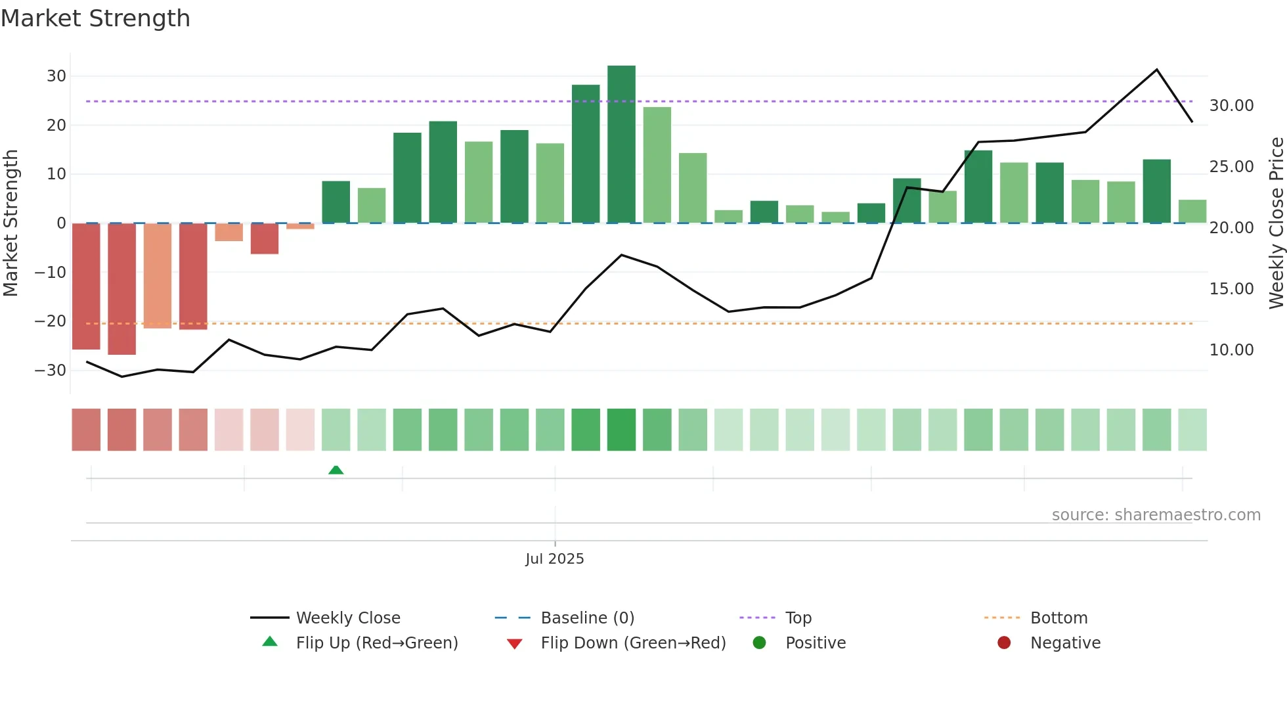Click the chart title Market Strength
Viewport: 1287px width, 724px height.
coord(95,18)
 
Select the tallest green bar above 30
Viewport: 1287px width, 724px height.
coord(621,145)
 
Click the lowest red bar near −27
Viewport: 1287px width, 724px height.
coord(122,289)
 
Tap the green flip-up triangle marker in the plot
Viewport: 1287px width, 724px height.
coord(336,470)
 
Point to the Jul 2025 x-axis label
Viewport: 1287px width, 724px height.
coord(554,559)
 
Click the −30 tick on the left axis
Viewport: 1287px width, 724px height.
coord(51,371)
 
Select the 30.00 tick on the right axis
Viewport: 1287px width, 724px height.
coord(1231,106)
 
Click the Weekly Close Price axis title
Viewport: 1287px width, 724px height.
coord(1276,223)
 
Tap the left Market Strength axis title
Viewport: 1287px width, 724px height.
coord(11,223)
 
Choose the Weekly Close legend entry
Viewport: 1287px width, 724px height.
coord(347,618)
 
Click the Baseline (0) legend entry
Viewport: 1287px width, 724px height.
coord(587,618)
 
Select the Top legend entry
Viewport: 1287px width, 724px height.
coord(798,618)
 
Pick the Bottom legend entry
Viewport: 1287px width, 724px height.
coord(1058,618)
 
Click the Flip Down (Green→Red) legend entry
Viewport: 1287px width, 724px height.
coord(633,643)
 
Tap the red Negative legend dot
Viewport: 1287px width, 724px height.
coord(1004,643)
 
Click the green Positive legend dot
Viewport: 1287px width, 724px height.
coord(760,643)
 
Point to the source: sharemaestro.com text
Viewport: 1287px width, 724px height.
coord(1156,515)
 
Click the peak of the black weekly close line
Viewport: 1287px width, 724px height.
coord(1156,70)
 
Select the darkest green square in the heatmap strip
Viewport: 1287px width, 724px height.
coord(621,430)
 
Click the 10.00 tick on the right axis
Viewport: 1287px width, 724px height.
coord(1231,350)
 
